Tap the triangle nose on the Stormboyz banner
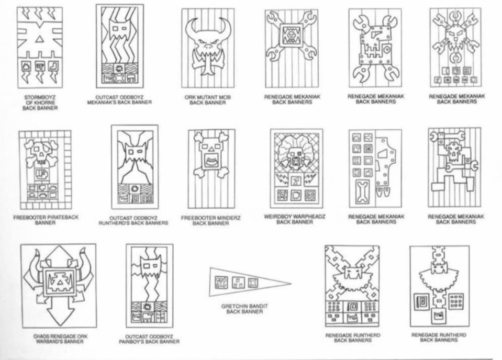point(39,39)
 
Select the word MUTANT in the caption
point(206,97)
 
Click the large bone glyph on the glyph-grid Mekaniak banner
point(362,191)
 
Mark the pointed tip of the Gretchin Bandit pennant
point(291,283)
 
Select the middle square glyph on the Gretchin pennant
point(237,282)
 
